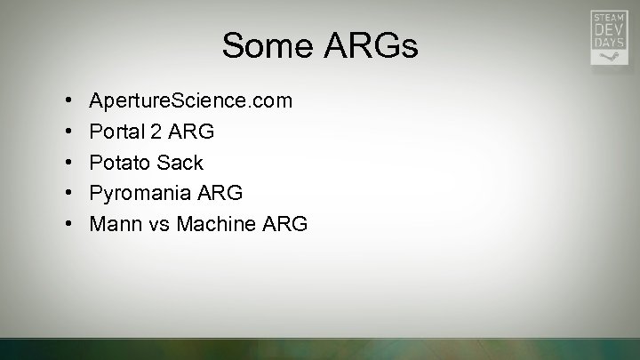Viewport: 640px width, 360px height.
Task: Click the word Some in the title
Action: [262, 46]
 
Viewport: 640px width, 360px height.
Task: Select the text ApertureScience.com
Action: [190, 101]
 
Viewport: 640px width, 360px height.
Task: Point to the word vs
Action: [159, 224]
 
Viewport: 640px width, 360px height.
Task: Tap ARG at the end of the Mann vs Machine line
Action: [285, 224]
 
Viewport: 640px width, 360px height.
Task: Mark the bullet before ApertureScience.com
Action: [69, 101]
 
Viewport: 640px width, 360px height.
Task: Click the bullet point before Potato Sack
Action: [69, 163]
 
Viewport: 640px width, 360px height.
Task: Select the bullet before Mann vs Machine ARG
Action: [69, 224]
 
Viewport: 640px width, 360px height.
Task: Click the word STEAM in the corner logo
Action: [608, 17]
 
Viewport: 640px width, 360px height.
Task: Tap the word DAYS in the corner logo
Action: [608, 43]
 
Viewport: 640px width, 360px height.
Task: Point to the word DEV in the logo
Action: [608, 29]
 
